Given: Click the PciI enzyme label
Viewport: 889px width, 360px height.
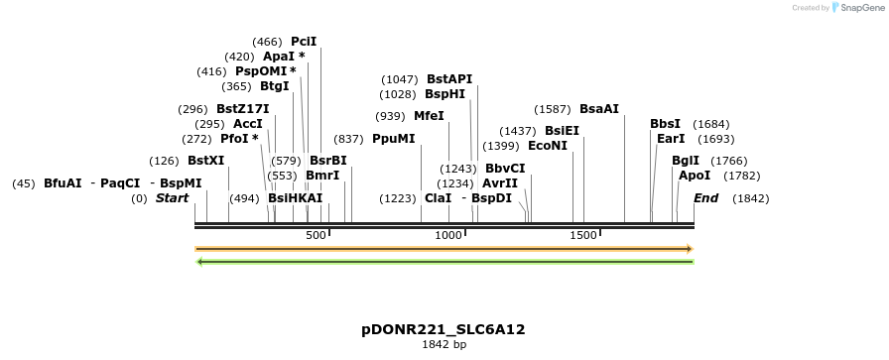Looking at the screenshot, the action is pyautogui.click(x=304, y=42).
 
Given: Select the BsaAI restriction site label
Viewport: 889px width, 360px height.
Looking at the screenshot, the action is pyautogui.click(x=599, y=109).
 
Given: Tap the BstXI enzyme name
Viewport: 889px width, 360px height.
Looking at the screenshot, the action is pyautogui.click(x=206, y=161).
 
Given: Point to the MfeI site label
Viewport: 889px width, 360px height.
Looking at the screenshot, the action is pyautogui.click(x=429, y=116).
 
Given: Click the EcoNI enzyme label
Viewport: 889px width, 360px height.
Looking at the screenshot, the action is pyautogui.click(x=548, y=146).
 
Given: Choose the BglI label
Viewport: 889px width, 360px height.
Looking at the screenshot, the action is pyautogui.click(x=685, y=161).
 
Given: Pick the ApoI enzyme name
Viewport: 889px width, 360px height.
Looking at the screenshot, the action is pyautogui.click(x=695, y=176).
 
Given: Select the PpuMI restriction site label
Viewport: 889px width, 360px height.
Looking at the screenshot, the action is pyautogui.click(x=394, y=139).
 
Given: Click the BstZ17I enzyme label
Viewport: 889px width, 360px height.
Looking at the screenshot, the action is pyautogui.click(x=243, y=109).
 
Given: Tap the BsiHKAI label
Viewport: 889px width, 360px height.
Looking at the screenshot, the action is pyautogui.click(x=296, y=198).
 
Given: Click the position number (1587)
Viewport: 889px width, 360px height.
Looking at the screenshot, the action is pyautogui.click(x=553, y=109).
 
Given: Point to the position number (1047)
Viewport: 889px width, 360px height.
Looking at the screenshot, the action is pyautogui.click(x=401, y=79).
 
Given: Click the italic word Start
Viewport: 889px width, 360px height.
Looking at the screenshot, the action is pyautogui.click(x=172, y=198).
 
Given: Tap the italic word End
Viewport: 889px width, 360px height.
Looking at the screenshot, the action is pyautogui.click(x=705, y=198).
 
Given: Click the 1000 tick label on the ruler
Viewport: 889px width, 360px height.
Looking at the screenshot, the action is pyautogui.click(x=448, y=235).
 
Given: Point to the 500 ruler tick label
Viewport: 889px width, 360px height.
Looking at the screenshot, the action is pyautogui.click(x=316, y=235).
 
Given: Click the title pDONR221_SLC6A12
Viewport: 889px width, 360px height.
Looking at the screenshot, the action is pyautogui.click(x=444, y=329).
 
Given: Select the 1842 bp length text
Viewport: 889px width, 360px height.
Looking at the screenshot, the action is pyautogui.click(x=444, y=345).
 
